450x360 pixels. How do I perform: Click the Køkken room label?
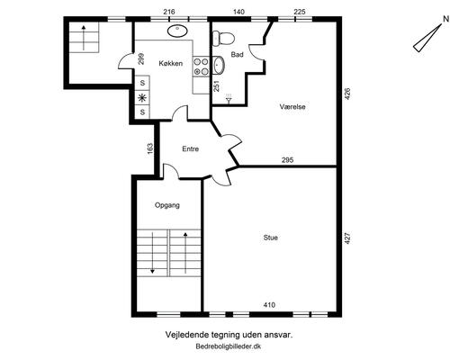[171, 63]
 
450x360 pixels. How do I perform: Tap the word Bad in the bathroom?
[237, 55]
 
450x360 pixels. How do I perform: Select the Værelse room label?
[292, 106]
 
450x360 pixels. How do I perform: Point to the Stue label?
[270, 238]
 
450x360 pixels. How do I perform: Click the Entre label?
[191, 148]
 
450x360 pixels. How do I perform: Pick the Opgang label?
[167, 205]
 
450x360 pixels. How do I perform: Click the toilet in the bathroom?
[223, 39]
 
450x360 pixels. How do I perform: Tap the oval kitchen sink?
[177, 31]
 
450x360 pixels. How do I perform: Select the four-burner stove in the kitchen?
[201, 67]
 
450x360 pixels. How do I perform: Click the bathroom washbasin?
[219, 65]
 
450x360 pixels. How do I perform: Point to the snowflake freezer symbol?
[142, 97]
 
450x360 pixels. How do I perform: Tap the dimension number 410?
[269, 305]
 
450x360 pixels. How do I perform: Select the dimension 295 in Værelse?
[287, 160]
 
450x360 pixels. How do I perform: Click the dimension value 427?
[347, 238]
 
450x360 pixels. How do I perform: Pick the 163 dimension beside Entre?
[150, 148]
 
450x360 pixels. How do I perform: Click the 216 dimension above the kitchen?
[169, 12]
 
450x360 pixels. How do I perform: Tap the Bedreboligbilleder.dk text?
[229, 346]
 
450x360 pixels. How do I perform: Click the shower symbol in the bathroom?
[229, 98]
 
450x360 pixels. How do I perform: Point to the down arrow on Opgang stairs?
[152, 252]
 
